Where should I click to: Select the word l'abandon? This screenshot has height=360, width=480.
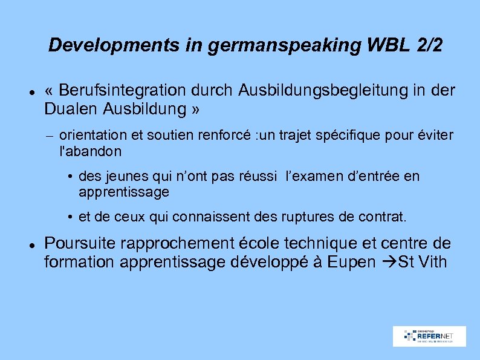tap(91, 151)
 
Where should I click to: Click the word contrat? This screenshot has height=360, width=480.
tap(386, 217)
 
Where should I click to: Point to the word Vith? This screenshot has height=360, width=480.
tap(432, 263)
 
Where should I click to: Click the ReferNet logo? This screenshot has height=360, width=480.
tap(429, 336)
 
